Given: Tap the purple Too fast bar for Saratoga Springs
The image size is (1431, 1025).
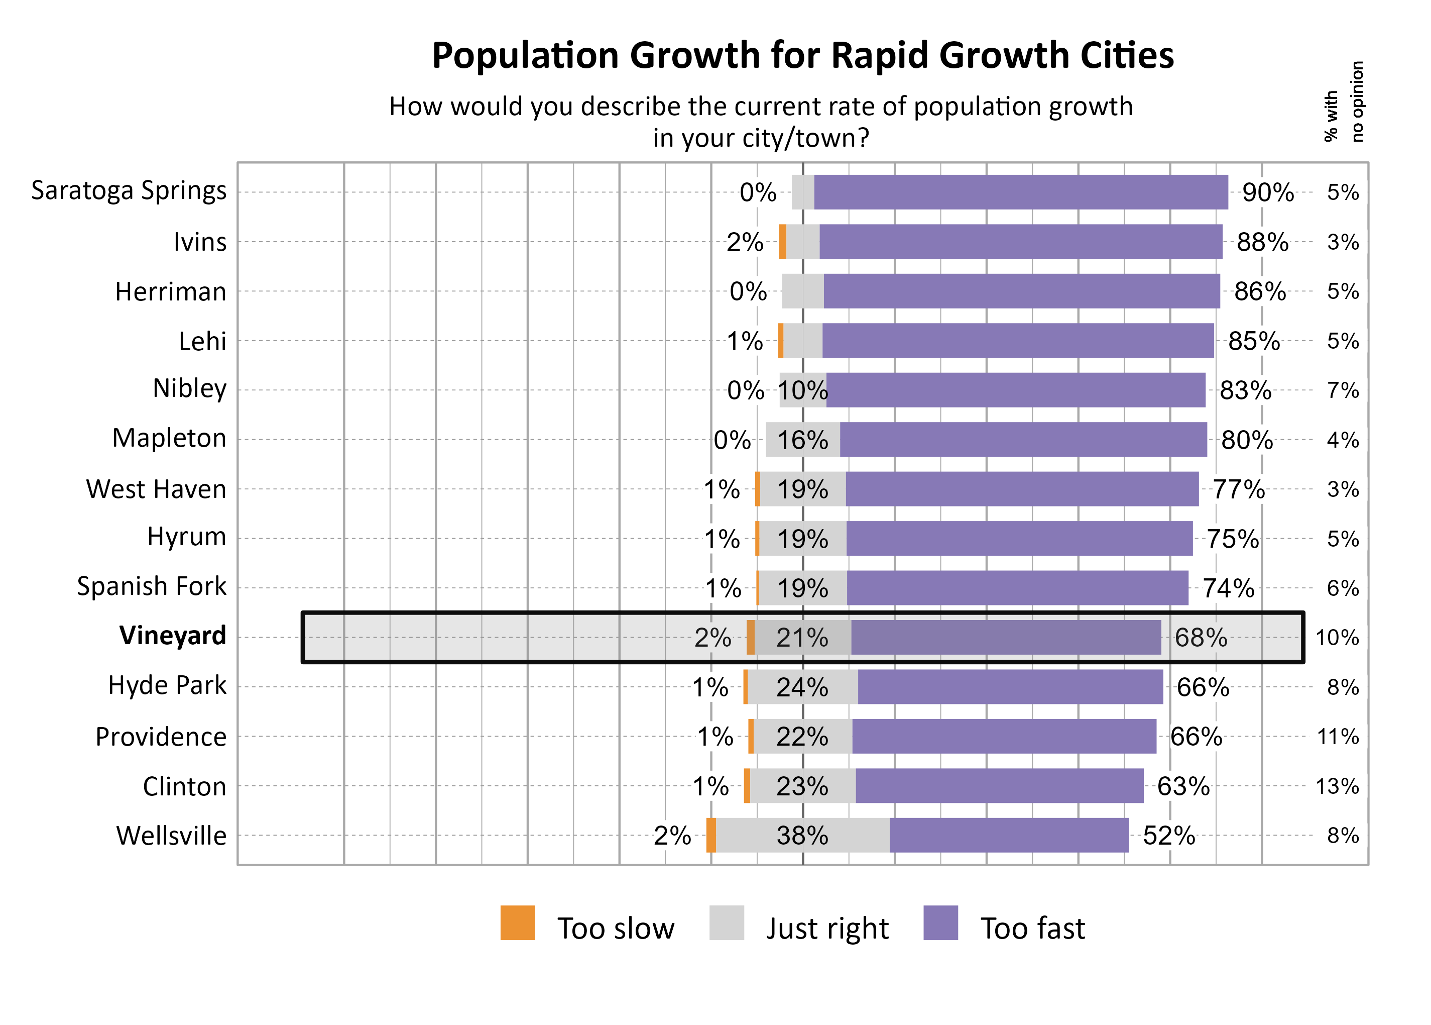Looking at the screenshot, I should pos(1020,192).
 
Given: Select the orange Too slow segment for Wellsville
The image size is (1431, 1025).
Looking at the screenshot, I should pos(711,835).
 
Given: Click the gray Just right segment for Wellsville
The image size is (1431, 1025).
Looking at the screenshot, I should pos(802,835).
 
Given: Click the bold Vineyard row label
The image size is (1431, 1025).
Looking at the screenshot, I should pos(172,636).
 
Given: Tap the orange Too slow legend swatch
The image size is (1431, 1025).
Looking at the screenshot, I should pos(517,923).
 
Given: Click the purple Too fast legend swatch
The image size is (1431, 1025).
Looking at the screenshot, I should pos(940,923).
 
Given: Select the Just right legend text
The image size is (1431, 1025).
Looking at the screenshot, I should pos(827,929).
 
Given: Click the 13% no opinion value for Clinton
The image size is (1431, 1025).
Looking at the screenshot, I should pos(1337,786).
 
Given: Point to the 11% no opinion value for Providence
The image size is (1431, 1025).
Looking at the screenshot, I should pos(1337,737).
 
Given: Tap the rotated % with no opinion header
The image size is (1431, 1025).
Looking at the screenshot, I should pos(1343,102).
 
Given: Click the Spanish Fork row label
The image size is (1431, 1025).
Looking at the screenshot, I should pos(151,586).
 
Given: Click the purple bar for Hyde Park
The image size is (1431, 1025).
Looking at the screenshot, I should pos(1010,687).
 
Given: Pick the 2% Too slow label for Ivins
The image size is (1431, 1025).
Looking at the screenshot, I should pos(744,242).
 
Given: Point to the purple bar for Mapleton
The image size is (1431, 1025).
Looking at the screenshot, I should pos(1022,439).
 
